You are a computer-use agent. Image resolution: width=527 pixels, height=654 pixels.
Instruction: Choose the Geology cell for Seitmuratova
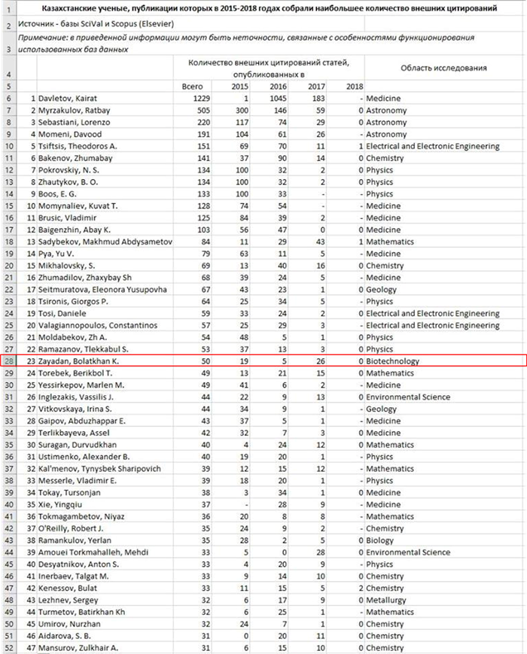click(x=383, y=290)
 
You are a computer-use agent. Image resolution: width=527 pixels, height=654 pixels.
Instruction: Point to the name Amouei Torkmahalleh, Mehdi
click(x=94, y=552)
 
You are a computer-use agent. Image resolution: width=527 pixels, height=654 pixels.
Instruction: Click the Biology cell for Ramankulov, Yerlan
click(x=382, y=540)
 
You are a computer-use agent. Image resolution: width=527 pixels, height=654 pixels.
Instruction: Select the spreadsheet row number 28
click(x=8, y=361)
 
